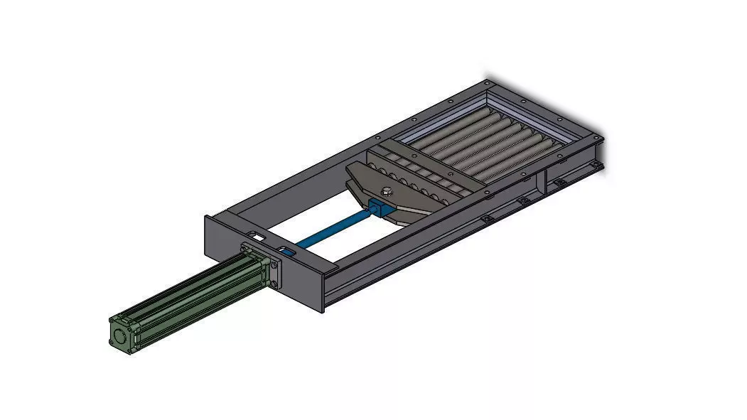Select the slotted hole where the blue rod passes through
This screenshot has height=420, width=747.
pos(288,250)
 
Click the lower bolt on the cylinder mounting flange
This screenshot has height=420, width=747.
pos(274,286)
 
